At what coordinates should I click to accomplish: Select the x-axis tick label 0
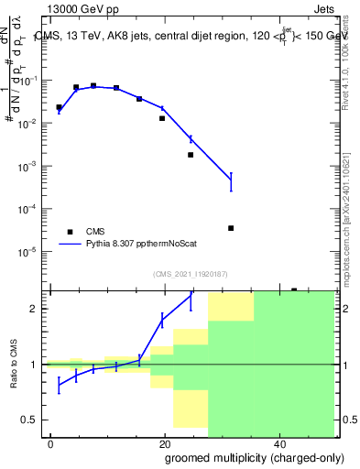(x=51, y=444)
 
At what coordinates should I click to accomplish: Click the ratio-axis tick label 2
(x=39, y=309)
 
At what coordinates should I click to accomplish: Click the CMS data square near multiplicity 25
(x=191, y=155)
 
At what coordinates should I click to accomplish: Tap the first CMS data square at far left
(x=59, y=107)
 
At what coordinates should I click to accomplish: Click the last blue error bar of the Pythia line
(x=231, y=181)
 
